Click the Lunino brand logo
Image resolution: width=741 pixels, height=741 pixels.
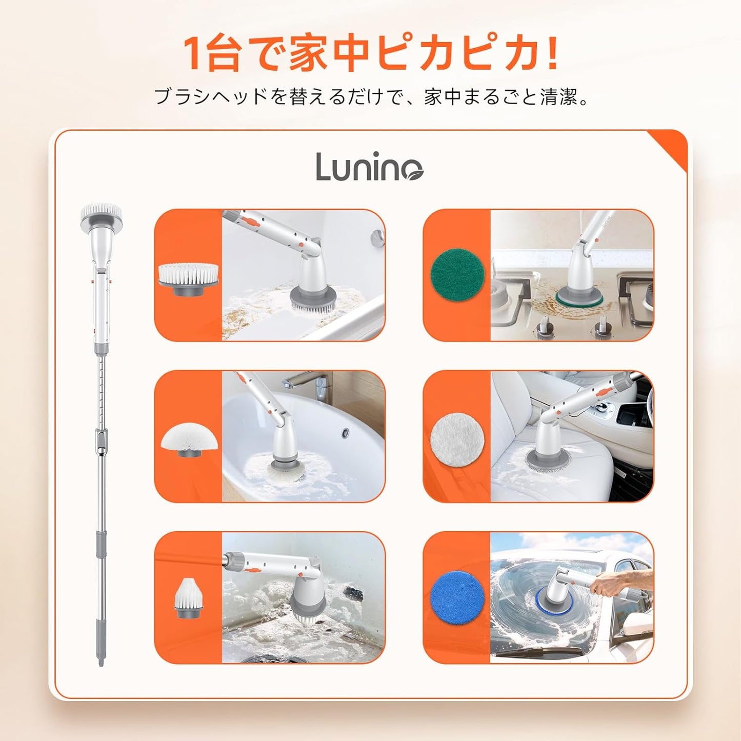coord(369,167)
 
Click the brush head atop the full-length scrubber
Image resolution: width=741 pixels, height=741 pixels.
coord(102,212)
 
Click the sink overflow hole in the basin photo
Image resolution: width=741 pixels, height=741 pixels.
coord(346,433)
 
